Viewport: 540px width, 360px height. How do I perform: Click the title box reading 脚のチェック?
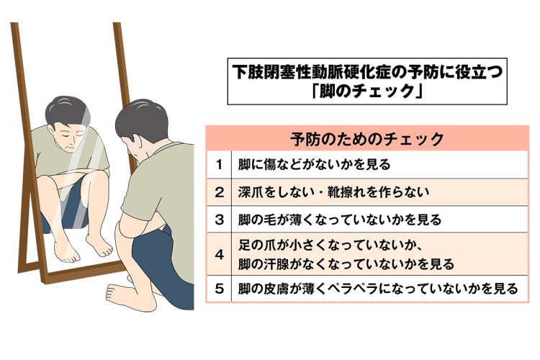[x=367, y=81]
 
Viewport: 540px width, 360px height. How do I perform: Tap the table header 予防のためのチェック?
[x=367, y=139]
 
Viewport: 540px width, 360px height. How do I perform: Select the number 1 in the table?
[x=219, y=165]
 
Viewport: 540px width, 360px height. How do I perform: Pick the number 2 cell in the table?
[x=220, y=192]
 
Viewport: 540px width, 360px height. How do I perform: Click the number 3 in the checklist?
[x=220, y=220]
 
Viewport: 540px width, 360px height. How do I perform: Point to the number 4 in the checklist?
[x=220, y=255]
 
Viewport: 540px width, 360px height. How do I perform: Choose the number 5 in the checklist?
[x=220, y=288]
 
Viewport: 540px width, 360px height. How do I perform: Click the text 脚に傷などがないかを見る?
[x=314, y=164]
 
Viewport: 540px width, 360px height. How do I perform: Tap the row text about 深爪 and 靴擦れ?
[x=333, y=192]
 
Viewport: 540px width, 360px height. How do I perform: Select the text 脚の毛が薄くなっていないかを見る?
[x=340, y=220]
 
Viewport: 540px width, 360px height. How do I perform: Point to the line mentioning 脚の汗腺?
[x=346, y=264]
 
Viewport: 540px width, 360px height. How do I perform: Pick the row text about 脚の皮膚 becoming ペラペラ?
[x=378, y=289]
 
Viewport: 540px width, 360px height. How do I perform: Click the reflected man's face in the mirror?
[x=71, y=137]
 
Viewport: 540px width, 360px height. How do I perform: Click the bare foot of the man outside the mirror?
[x=121, y=295]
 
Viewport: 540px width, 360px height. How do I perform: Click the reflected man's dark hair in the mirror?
[x=67, y=110]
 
